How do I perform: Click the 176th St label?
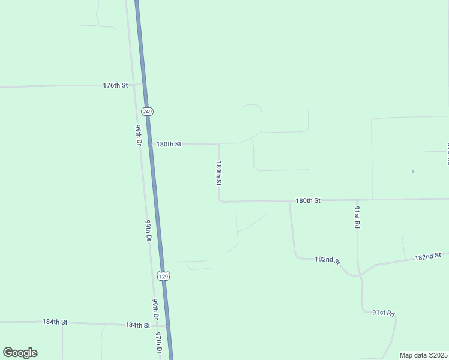click(x=115, y=86)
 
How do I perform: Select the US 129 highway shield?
click(x=164, y=275)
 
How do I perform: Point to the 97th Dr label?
click(x=159, y=343)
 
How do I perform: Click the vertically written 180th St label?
click(x=219, y=173)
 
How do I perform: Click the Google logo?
click(x=20, y=353)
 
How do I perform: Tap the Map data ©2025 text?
click(x=423, y=355)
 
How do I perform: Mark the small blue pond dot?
click(x=413, y=172)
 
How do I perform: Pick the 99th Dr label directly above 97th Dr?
click(x=155, y=309)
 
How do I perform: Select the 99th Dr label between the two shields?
click(x=148, y=230)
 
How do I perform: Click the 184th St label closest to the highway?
click(x=137, y=325)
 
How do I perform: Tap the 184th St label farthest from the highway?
click(x=55, y=322)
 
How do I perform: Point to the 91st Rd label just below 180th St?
click(x=357, y=217)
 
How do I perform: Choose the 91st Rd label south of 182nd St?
click(x=384, y=313)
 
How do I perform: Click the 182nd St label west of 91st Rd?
click(x=327, y=260)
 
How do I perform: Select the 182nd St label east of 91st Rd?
click(x=427, y=256)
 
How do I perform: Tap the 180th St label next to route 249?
click(x=169, y=144)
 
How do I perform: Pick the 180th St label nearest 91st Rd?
click(x=308, y=200)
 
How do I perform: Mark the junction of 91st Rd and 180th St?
click(x=357, y=200)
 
